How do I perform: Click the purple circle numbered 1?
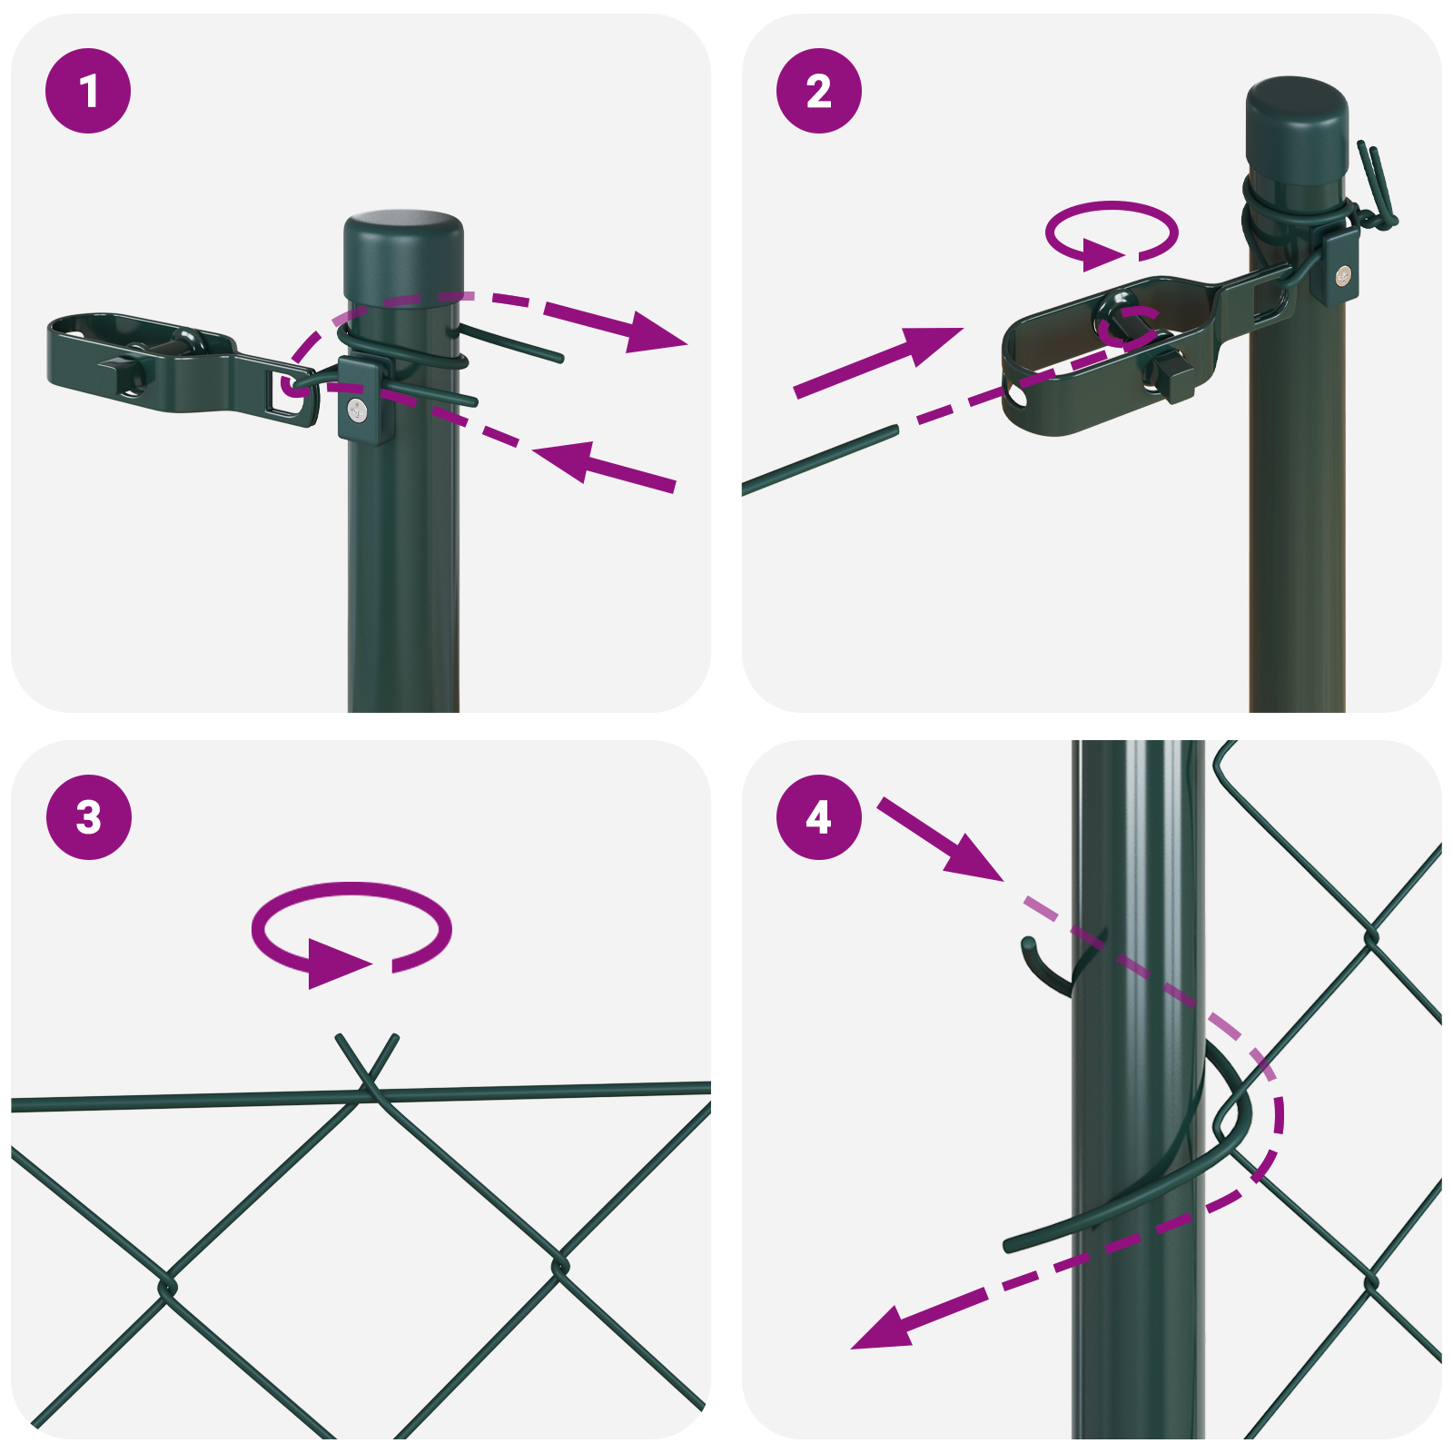(x=88, y=91)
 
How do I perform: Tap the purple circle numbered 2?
(x=819, y=91)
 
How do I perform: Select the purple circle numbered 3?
(x=88, y=817)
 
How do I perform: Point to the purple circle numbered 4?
(x=819, y=817)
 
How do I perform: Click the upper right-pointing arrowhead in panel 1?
(x=654, y=333)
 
